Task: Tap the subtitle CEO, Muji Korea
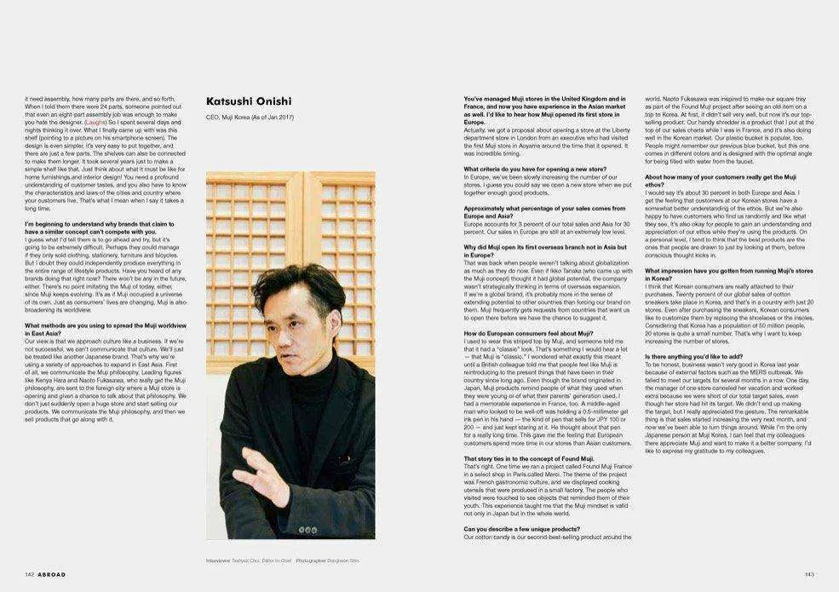[250, 117]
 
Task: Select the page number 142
[29, 574]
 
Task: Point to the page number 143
[808, 574]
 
